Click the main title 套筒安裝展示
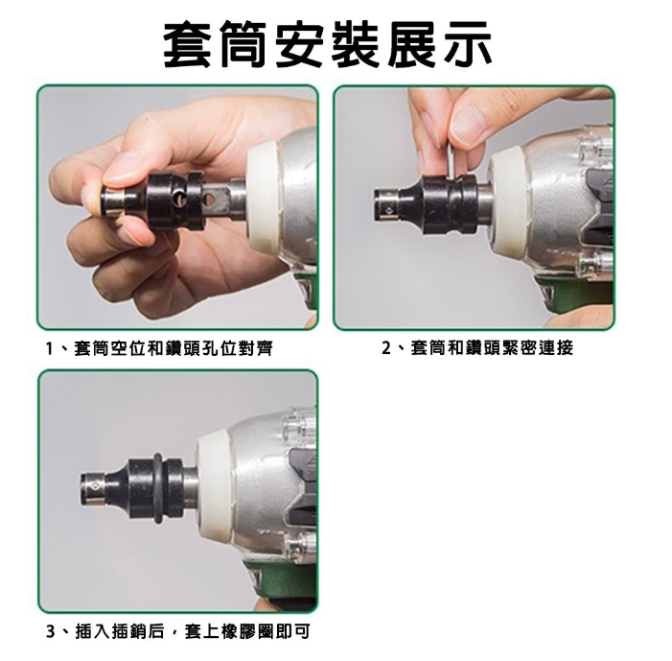(328, 44)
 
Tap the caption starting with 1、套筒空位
(159, 348)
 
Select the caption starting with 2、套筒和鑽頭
(477, 348)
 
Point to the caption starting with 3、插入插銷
(178, 631)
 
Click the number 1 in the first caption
(50, 349)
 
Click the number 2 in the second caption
(386, 348)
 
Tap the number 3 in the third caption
(51, 632)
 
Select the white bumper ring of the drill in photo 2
(508, 200)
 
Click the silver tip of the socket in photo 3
(92, 486)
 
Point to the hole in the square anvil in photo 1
(210, 199)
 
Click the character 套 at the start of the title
(187, 44)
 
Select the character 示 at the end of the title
(469, 44)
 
